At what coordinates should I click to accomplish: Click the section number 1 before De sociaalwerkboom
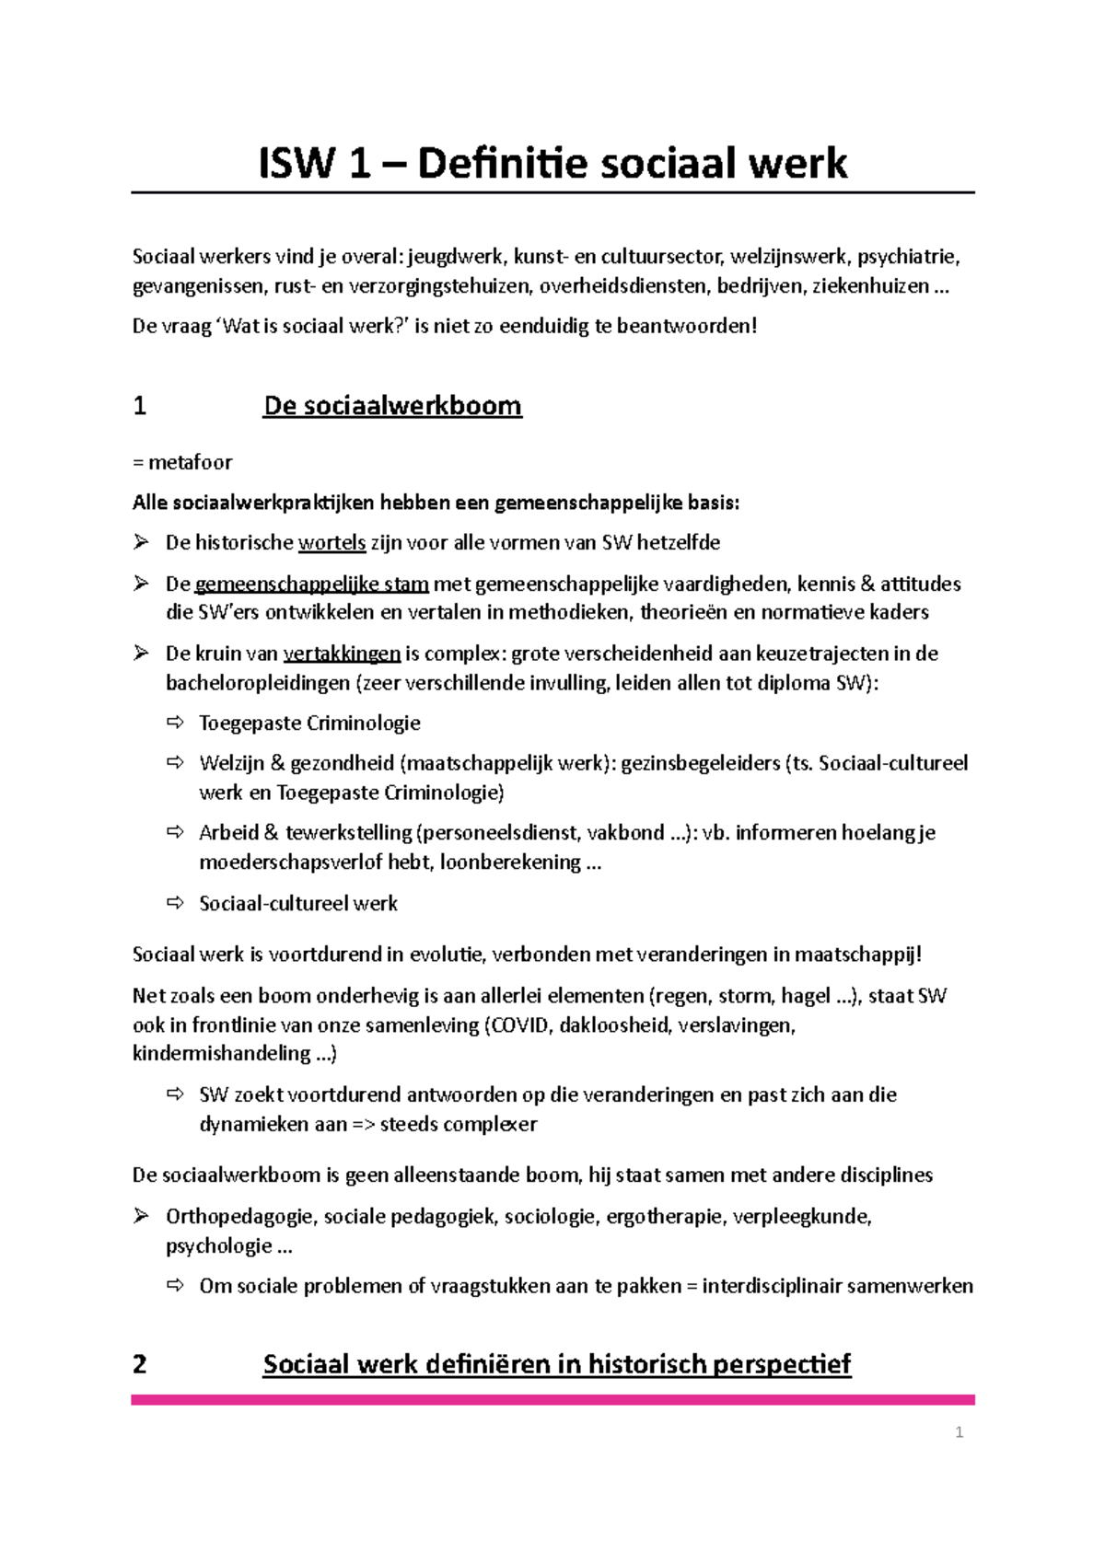140,406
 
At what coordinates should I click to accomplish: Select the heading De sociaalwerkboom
392,406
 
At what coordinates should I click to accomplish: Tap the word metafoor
191,462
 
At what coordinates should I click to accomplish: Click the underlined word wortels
331,543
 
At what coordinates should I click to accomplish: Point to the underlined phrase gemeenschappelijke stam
311,584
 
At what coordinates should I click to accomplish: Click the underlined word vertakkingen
342,654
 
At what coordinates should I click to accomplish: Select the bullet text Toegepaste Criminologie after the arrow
309,724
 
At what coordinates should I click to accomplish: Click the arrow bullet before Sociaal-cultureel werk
175,903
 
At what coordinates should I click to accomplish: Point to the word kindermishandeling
221,1054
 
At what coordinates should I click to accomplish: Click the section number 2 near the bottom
140,1364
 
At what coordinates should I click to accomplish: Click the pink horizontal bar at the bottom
552,1400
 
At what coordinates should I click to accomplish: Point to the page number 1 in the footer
960,1432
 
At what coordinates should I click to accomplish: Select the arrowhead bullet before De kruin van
141,654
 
